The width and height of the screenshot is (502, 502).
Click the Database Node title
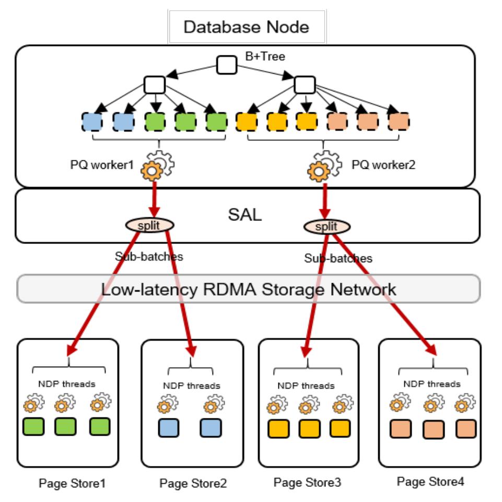246,27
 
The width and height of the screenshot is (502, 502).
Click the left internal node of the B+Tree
155,84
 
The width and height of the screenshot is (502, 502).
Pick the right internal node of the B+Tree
305,85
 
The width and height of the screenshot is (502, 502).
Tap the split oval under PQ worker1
149,225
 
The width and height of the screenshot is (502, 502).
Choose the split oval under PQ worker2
327,226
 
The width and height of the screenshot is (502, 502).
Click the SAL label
245,215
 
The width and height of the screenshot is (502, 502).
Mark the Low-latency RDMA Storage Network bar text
248,289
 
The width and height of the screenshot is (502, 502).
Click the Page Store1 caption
72,483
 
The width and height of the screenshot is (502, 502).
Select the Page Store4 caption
430,481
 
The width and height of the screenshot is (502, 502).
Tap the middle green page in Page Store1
65,427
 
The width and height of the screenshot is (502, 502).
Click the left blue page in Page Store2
168,428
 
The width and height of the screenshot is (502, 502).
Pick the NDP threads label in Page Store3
306,386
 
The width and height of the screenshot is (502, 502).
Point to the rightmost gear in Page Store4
463,404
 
